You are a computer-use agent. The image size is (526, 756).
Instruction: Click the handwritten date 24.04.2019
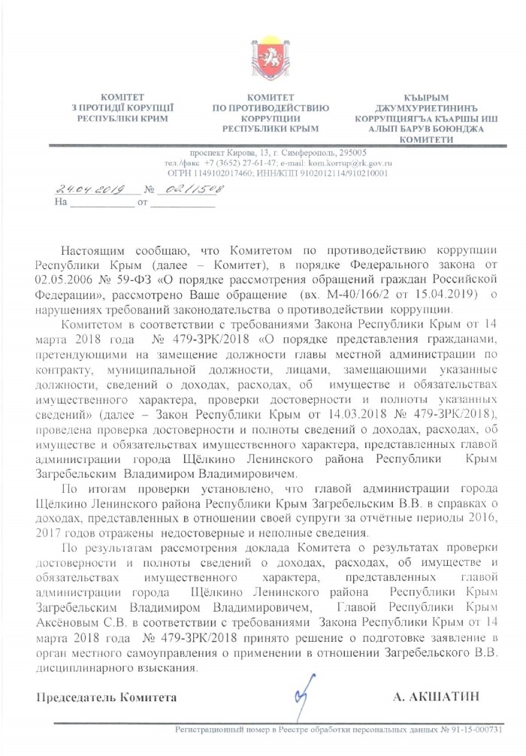[x=89, y=190]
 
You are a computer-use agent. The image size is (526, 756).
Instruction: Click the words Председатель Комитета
[x=107, y=697]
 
